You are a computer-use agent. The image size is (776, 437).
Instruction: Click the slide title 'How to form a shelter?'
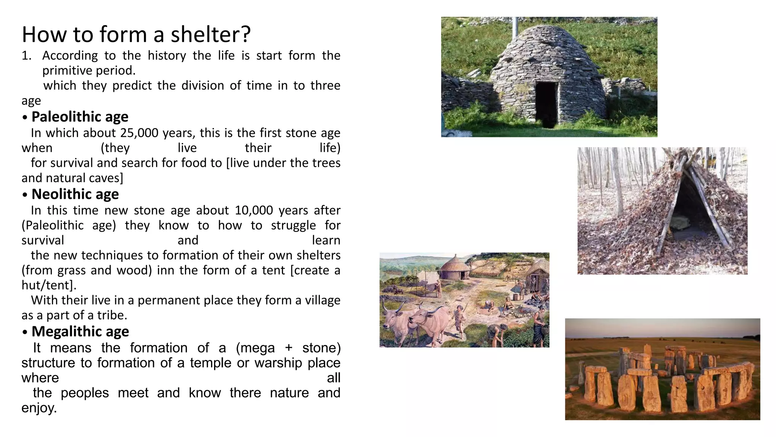[136, 34]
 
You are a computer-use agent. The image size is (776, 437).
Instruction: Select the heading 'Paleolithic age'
[80, 117]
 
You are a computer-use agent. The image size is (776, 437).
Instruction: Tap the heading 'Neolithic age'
[75, 194]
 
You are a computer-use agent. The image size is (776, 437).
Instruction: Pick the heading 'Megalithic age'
[80, 332]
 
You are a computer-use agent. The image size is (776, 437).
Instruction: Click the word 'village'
[323, 300]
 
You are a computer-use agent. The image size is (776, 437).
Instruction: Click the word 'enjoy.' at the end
[39, 408]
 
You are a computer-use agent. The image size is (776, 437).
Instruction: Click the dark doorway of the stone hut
[546, 102]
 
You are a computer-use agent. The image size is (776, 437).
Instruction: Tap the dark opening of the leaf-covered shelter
[686, 212]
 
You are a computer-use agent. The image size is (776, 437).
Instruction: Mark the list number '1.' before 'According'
[26, 56]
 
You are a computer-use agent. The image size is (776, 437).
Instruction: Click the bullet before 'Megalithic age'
[25, 332]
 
